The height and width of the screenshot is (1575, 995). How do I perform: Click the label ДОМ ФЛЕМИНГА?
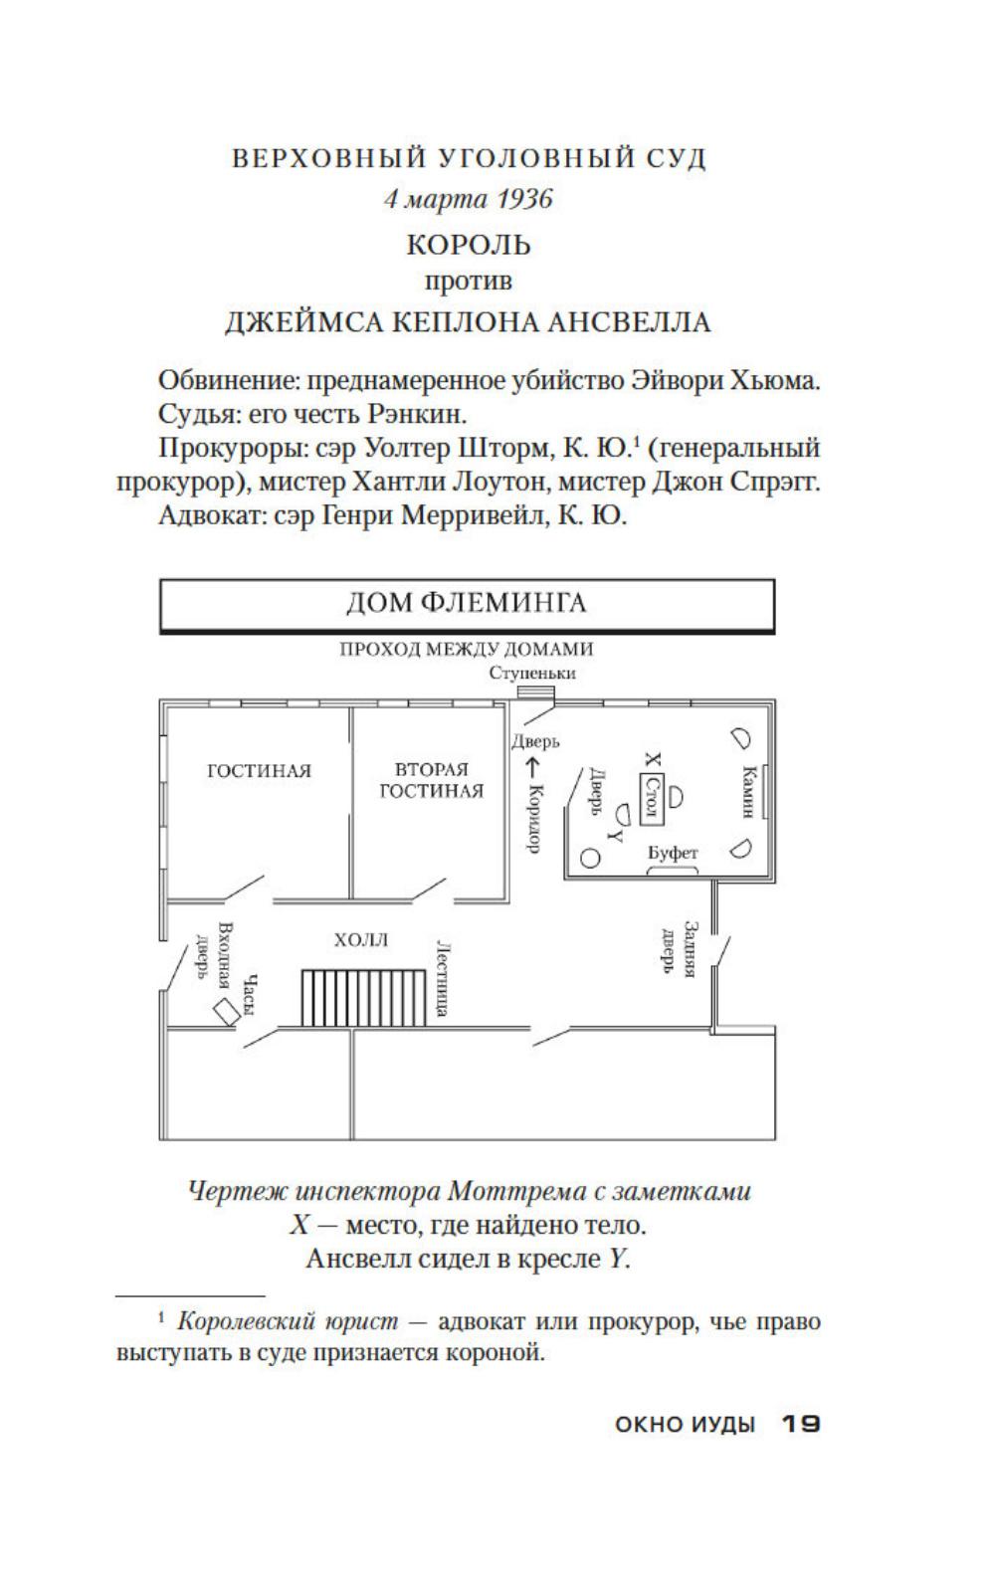click(467, 603)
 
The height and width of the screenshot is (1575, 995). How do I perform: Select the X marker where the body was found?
click(654, 759)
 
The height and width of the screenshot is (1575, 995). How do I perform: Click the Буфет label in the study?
click(673, 853)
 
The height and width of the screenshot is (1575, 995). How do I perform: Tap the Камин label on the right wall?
click(748, 792)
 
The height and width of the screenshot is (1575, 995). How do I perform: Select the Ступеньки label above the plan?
click(532, 673)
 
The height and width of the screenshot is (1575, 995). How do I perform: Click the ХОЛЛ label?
click(361, 940)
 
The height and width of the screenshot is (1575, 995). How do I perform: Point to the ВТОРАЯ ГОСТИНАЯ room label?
click(432, 780)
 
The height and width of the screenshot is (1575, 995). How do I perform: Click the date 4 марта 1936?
click(469, 199)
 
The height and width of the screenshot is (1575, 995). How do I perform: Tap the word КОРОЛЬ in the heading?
click(469, 245)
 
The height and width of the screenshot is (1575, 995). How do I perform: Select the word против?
click(469, 282)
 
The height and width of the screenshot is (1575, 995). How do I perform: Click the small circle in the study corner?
click(591, 858)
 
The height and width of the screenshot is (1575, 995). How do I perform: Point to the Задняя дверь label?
click(680, 949)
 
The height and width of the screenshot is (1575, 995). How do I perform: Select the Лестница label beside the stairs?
click(443, 978)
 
